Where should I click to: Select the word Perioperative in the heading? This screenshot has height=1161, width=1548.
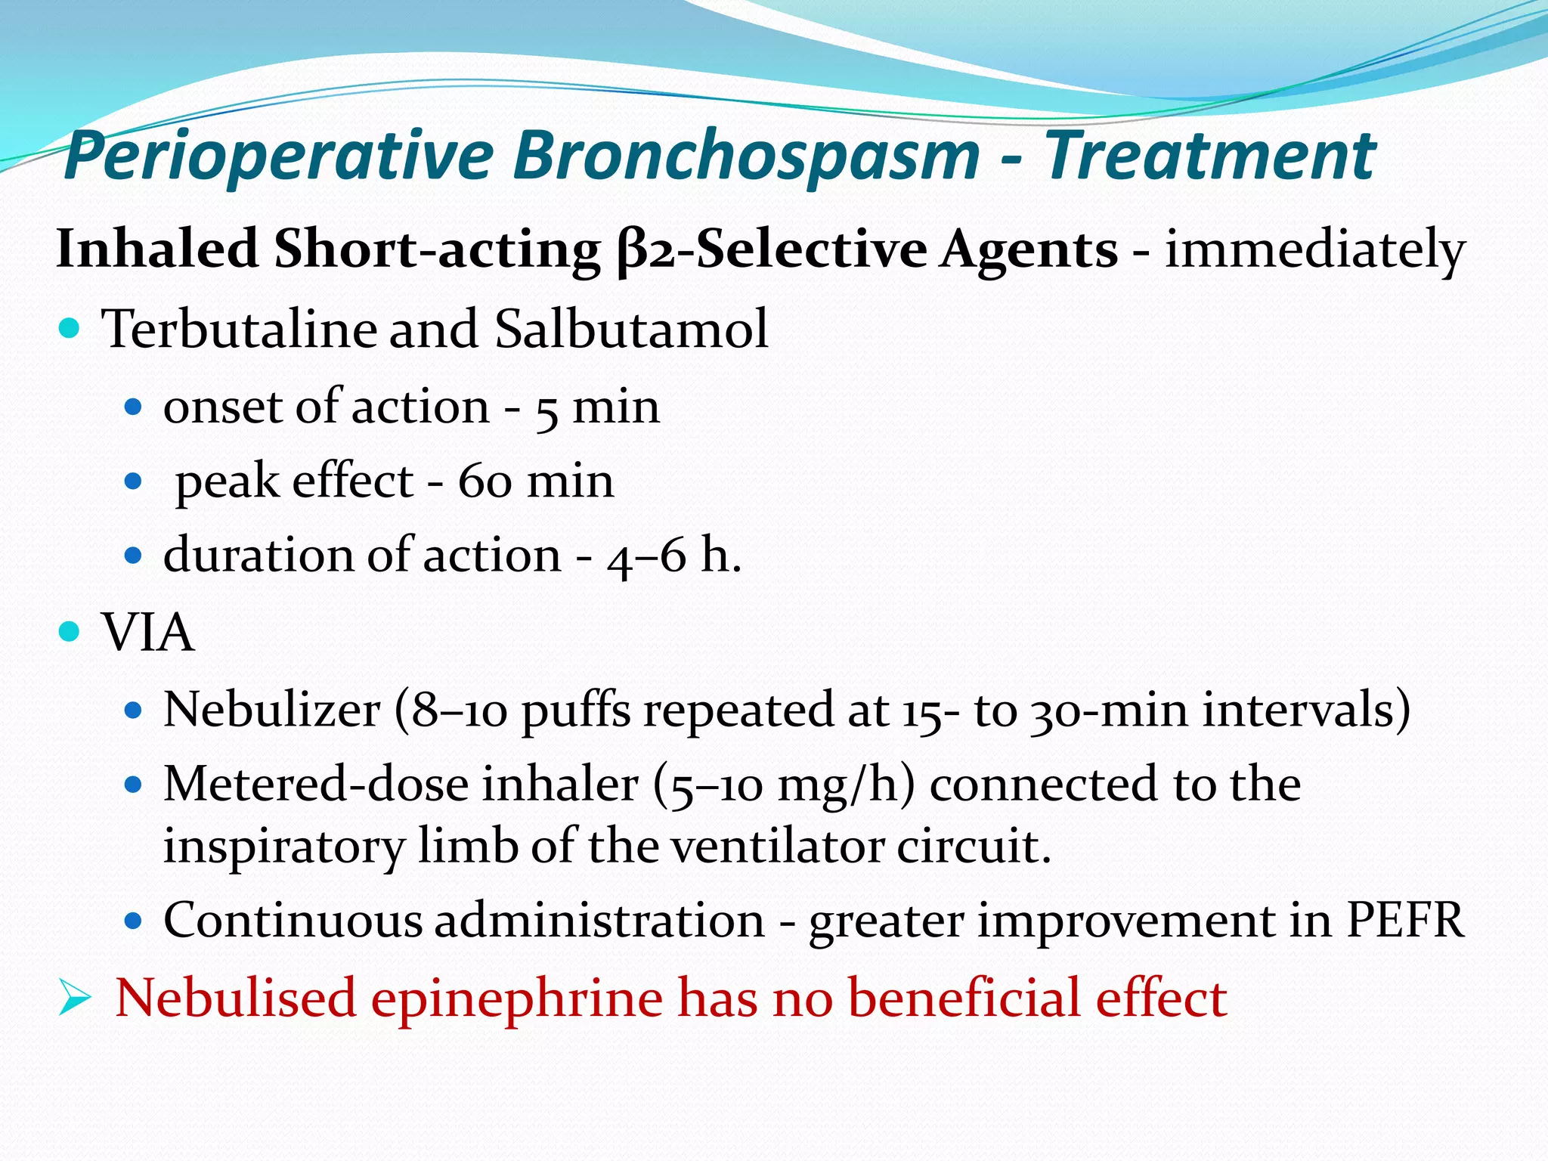point(280,157)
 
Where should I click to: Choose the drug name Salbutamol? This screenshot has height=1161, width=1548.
point(631,330)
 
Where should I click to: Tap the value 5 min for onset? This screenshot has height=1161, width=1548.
point(597,408)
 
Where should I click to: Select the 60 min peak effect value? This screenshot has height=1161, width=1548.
point(536,481)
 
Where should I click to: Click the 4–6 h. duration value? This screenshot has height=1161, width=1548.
point(673,556)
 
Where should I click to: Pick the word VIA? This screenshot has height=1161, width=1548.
point(147,633)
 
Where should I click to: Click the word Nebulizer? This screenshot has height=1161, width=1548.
point(272,711)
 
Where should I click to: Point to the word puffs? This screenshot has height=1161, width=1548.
point(576,711)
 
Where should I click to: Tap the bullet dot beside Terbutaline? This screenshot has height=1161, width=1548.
point(69,329)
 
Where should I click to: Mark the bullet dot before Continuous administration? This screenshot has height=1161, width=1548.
point(133,921)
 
